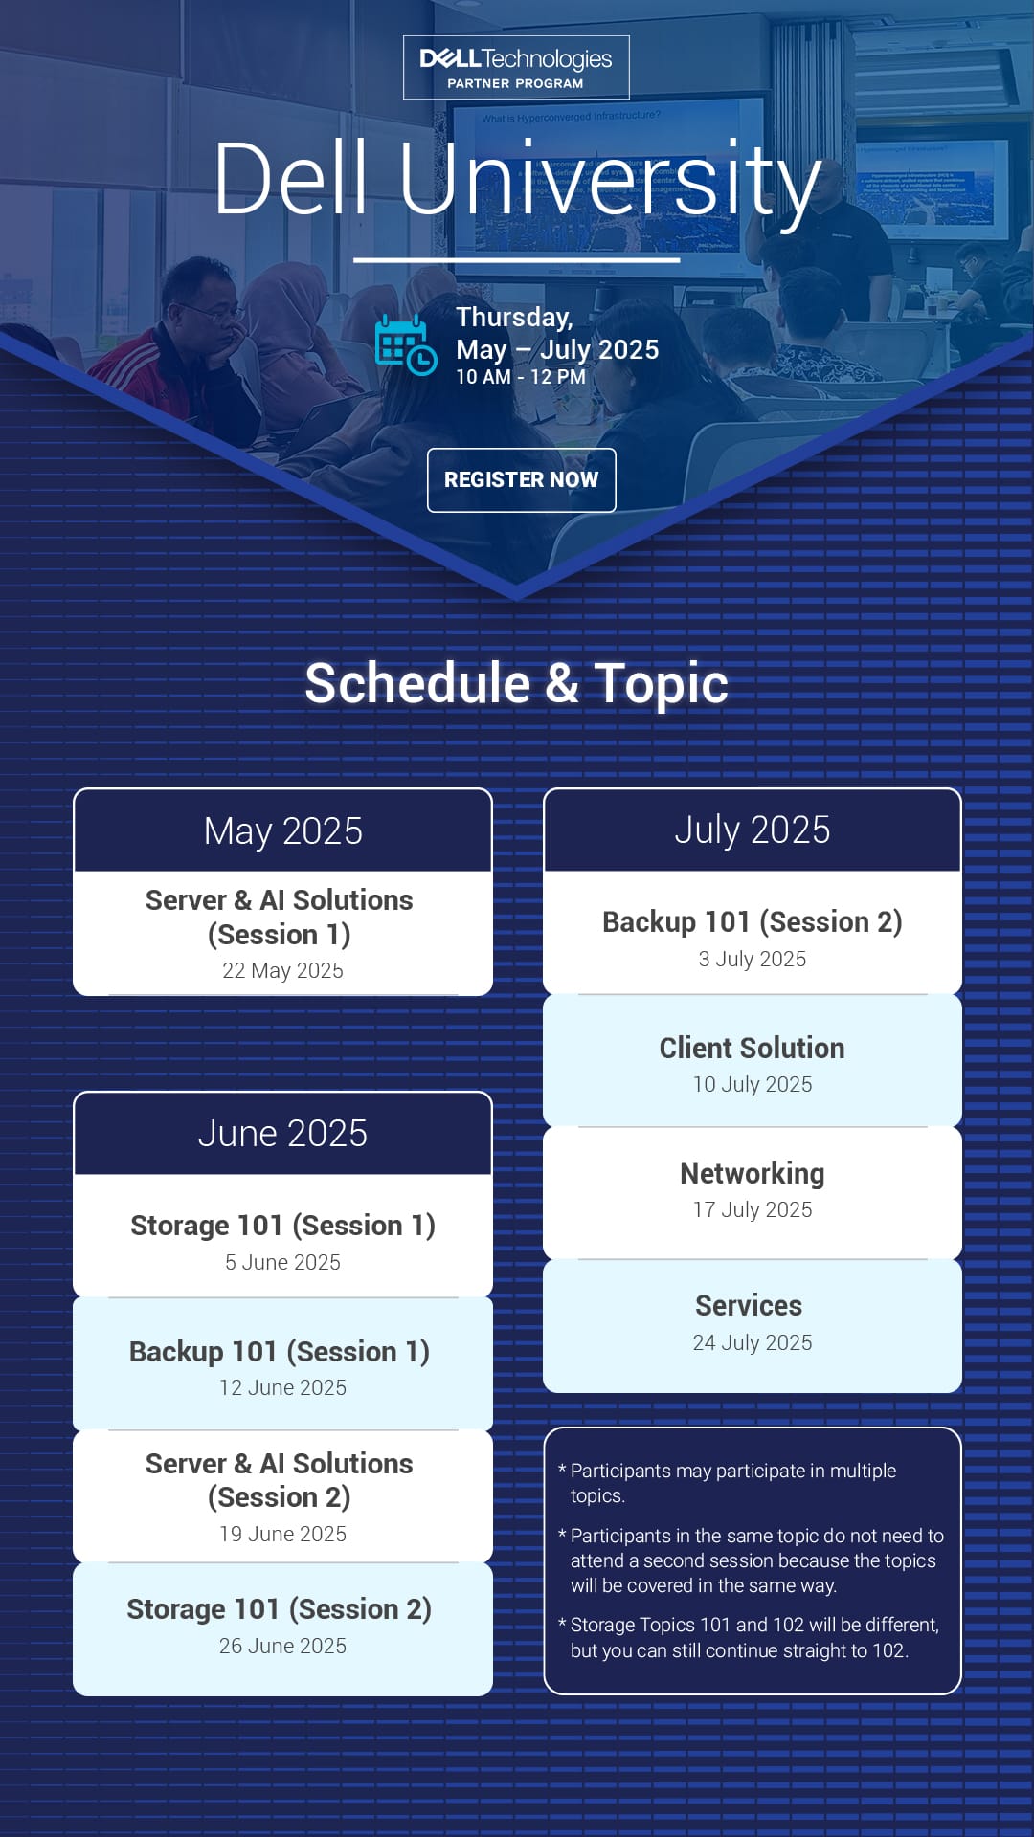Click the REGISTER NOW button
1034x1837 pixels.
point(521,479)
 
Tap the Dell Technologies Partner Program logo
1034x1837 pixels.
point(516,67)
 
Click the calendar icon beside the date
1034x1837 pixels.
point(406,344)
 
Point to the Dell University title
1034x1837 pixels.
point(517,178)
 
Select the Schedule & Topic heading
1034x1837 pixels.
point(517,683)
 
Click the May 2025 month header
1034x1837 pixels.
point(282,830)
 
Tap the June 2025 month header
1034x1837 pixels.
point(282,1134)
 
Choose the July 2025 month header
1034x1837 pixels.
point(753,830)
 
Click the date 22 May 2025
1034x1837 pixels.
point(282,970)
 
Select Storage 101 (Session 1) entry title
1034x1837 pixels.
point(282,1226)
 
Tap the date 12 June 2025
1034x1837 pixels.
point(282,1387)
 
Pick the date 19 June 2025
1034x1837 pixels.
point(282,1534)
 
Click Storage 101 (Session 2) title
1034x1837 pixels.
point(280,1609)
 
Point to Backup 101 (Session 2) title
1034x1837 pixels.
point(753,922)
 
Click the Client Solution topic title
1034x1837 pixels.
point(753,1049)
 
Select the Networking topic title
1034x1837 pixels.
point(753,1174)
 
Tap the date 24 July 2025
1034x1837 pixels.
point(753,1342)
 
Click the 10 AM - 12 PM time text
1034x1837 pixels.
point(521,377)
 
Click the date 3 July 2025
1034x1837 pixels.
point(753,959)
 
